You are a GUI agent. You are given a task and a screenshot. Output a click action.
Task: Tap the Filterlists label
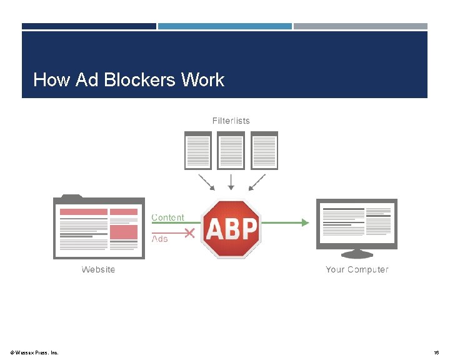point(231,121)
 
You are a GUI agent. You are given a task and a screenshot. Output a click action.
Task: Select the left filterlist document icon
point(197,151)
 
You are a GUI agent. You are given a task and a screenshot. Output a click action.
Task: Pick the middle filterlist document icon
point(231,151)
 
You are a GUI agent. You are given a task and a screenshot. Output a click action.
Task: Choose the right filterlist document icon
point(264,151)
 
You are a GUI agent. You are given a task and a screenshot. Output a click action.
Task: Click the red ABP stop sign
point(231,229)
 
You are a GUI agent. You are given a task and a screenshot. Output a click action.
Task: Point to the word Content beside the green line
point(168,217)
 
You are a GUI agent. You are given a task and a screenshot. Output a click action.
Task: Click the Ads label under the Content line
point(160,239)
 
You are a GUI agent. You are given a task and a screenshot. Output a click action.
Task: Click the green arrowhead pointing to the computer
point(305,222)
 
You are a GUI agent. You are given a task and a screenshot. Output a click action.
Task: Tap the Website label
point(98,269)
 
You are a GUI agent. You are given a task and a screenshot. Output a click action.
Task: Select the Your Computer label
point(357,269)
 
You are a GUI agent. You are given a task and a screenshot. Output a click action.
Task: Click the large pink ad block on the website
point(124,231)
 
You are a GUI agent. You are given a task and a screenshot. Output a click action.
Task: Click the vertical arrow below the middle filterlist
point(231,181)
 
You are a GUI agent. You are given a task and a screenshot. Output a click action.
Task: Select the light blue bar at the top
point(224,26)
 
